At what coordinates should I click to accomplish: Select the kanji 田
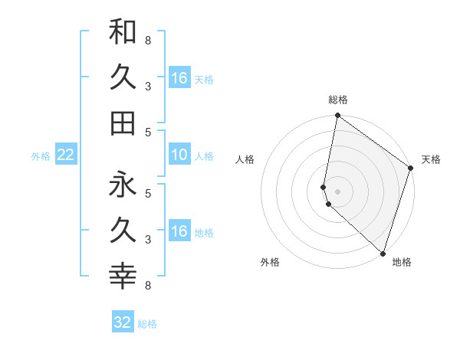pyautogui.click(x=123, y=122)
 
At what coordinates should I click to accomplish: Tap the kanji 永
pyautogui.click(x=123, y=184)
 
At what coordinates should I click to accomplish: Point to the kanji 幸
pyautogui.click(x=123, y=275)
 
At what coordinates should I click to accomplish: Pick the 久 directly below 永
pyautogui.click(x=123, y=230)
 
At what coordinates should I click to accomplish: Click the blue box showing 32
pyautogui.click(x=123, y=322)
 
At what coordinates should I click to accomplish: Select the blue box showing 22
pyautogui.click(x=66, y=155)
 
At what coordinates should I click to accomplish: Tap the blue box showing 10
pyautogui.click(x=179, y=155)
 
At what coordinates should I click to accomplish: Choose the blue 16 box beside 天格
pyautogui.click(x=179, y=78)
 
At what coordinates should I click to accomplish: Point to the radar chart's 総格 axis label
pyautogui.click(x=338, y=100)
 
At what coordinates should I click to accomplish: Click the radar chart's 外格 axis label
pyautogui.click(x=270, y=262)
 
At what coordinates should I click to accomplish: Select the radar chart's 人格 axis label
pyautogui.click(x=245, y=159)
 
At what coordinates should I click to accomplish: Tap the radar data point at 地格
pyautogui.click(x=383, y=253)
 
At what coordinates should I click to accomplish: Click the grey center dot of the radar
pyautogui.click(x=338, y=191)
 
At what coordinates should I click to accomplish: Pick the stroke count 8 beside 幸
pyautogui.click(x=148, y=286)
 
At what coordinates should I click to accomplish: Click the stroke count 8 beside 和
pyautogui.click(x=148, y=41)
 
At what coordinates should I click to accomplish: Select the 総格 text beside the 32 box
pyautogui.click(x=147, y=324)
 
